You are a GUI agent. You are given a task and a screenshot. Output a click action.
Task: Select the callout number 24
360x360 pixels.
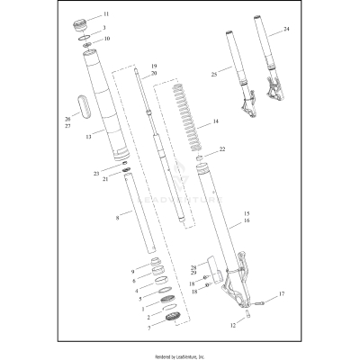coord(286,30)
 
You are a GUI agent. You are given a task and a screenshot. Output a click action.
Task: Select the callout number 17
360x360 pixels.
coord(281,293)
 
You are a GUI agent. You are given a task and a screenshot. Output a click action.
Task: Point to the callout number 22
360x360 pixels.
coord(223,148)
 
